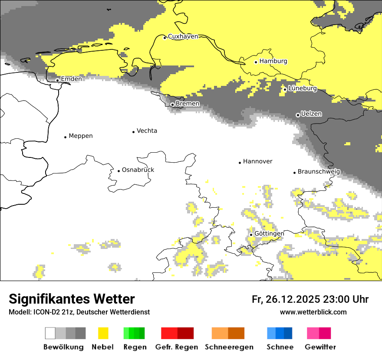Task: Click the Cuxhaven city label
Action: [183, 36]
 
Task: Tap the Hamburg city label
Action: [273, 61]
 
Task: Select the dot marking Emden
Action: [58, 80]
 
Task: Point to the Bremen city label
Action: [188, 104]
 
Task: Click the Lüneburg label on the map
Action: [303, 88]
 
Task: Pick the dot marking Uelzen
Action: [298, 115]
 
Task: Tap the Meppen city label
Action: [81, 136]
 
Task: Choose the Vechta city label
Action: [147, 131]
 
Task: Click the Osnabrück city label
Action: [138, 170]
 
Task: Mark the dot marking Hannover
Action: [240, 163]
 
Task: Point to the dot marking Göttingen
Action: [251, 235]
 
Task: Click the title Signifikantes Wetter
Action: [72, 299]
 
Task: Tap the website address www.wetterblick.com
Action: [313, 312]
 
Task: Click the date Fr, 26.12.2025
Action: [286, 299]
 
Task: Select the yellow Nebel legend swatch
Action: [103, 333]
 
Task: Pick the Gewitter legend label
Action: [320, 347]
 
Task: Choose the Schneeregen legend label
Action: [229, 347]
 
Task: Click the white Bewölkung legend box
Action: [50, 333]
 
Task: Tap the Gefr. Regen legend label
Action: [177, 347]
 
